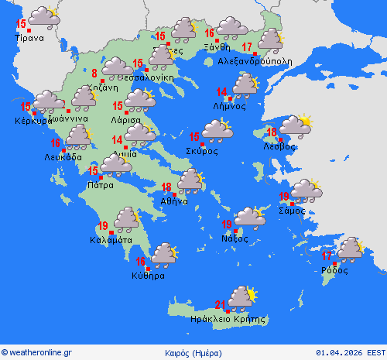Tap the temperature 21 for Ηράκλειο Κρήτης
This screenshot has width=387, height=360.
(221, 304)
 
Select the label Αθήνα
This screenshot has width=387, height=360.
(174, 201)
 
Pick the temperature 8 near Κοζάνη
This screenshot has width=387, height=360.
(94, 74)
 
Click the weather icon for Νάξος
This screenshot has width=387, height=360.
(249, 217)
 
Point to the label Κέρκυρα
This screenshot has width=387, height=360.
(32, 121)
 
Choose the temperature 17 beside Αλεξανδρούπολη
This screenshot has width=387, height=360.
(247, 47)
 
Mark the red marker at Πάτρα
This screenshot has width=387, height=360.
(99, 177)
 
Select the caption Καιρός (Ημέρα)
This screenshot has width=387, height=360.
(193, 353)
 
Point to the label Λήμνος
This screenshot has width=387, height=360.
(231, 106)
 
